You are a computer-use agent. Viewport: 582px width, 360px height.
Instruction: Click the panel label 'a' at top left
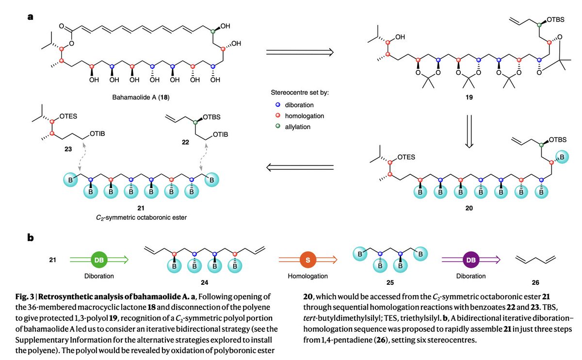pos(30,16)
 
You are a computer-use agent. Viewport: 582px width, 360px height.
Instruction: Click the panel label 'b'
pos(31,239)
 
